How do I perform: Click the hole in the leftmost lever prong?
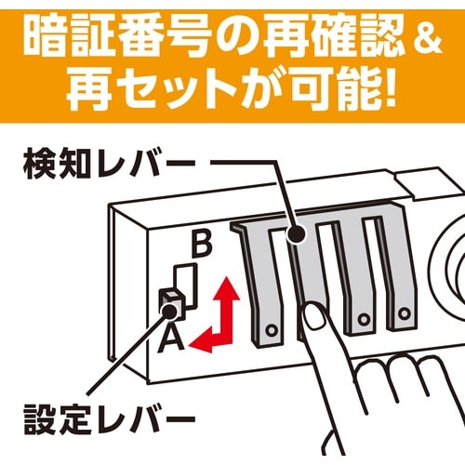(x=271, y=329)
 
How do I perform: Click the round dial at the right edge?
(x=451, y=279)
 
